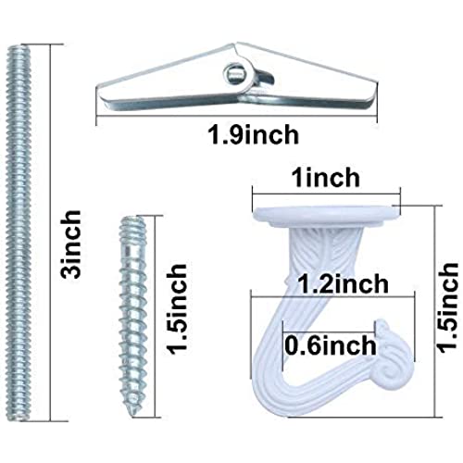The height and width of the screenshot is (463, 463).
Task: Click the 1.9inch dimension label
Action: tap(254, 135)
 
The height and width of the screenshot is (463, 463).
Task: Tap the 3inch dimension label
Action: tap(70, 244)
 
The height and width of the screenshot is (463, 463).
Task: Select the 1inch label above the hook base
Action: tap(326, 178)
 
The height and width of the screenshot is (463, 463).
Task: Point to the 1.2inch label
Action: tap(344, 283)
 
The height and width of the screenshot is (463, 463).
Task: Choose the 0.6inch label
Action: tap(331, 344)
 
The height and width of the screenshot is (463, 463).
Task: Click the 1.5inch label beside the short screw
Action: tap(177, 309)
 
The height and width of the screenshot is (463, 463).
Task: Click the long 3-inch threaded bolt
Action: tap(19, 233)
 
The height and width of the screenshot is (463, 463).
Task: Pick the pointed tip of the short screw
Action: tap(133, 415)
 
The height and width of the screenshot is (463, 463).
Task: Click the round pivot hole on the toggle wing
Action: tap(233, 73)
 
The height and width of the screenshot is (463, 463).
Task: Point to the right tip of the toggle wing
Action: tap(376, 88)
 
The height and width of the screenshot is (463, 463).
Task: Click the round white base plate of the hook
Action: tap(326, 215)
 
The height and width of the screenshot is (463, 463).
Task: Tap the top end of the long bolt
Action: tap(19, 46)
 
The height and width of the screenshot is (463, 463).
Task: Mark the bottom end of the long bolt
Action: tap(19, 419)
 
